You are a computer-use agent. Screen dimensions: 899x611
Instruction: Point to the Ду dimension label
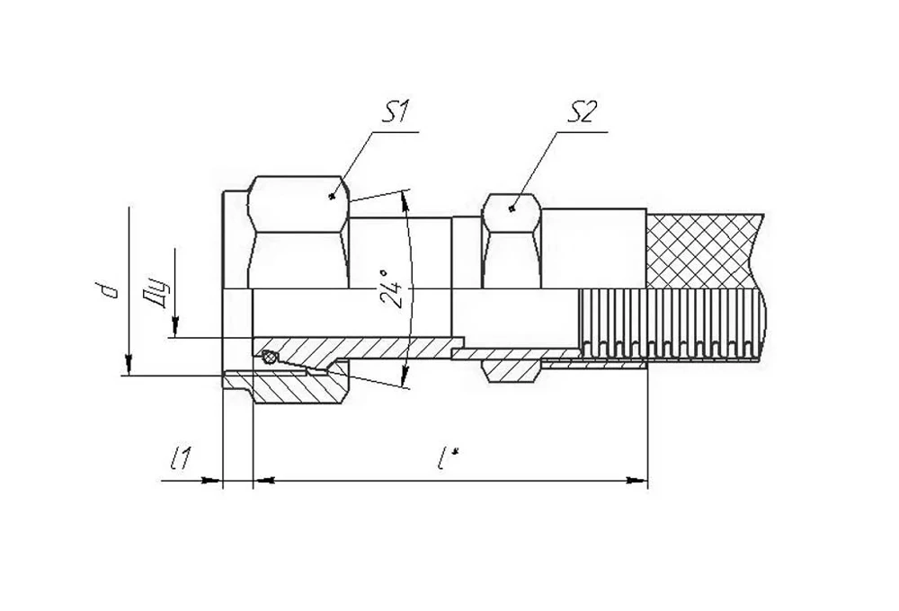click(156, 295)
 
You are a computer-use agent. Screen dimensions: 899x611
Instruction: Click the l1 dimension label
click(182, 458)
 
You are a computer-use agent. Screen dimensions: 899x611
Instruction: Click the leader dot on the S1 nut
click(332, 197)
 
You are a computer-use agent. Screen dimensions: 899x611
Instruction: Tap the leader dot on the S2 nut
click(512, 209)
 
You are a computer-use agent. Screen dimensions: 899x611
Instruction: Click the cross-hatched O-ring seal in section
click(268, 358)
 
